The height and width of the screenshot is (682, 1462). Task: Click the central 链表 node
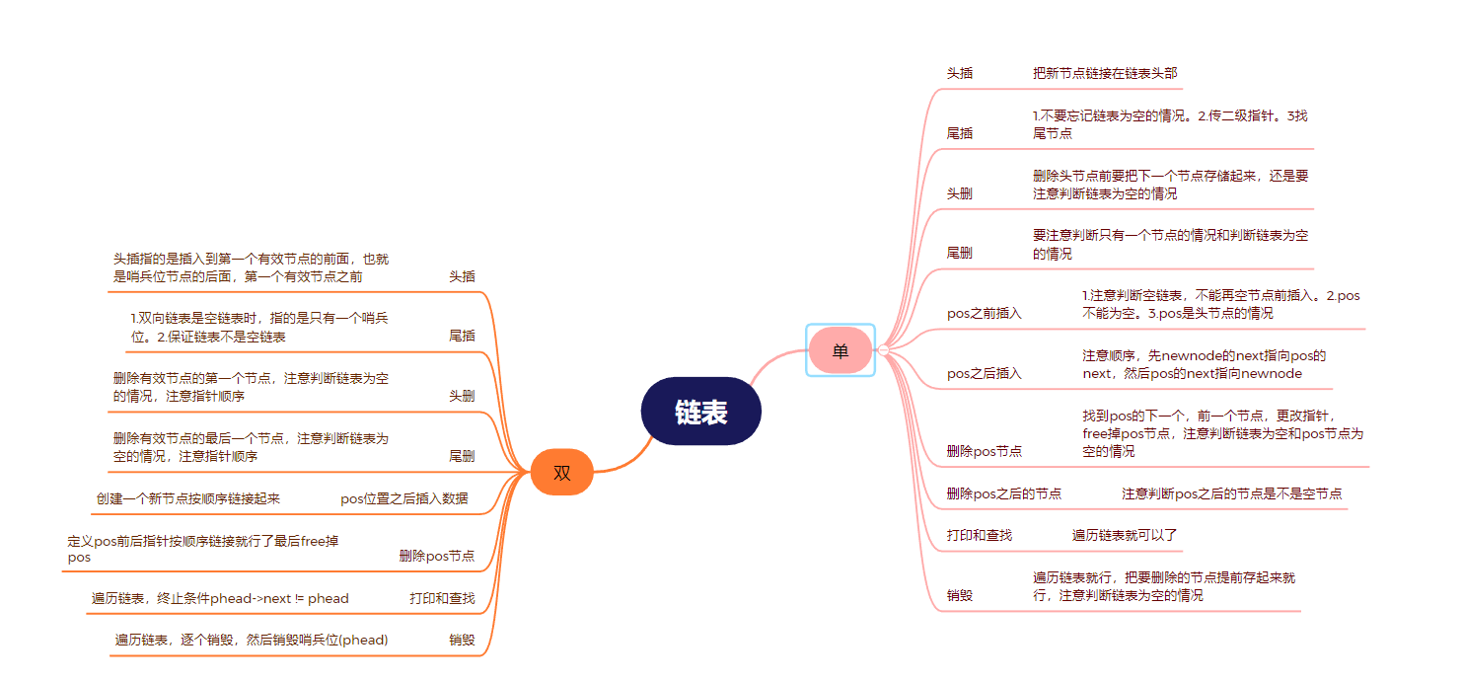coord(700,412)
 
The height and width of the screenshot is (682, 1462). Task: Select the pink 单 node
coord(840,350)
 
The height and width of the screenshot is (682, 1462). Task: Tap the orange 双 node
coord(561,473)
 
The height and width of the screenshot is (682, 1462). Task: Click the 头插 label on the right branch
coord(959,73)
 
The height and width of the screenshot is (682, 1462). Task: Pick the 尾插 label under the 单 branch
coord(959,133)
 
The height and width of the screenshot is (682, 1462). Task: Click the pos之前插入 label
coord(984,314)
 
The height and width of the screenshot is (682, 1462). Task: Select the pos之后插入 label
coord(984,374)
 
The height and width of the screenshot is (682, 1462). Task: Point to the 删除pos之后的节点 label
coord(1003,493)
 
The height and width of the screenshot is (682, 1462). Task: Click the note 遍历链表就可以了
coord(1125,535)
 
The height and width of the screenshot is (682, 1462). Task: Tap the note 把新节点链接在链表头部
coord(1104,73)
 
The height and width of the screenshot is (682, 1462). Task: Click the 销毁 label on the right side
coord(959,595)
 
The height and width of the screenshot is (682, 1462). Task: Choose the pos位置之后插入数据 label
coord(403,498)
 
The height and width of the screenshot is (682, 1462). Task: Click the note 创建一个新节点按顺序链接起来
coord(187,498)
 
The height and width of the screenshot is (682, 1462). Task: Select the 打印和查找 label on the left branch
coord(442,598)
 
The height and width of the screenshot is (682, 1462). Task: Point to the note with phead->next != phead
coord(220,598)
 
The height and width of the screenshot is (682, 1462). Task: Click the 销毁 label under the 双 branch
coord(462,640)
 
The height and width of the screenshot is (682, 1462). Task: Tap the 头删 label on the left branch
coord(462,396)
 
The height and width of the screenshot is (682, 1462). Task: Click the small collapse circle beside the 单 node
coord(884,350)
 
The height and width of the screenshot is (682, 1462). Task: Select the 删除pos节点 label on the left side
coord(436,557)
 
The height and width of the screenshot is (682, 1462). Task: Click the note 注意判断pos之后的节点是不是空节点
coord(1231,493)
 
